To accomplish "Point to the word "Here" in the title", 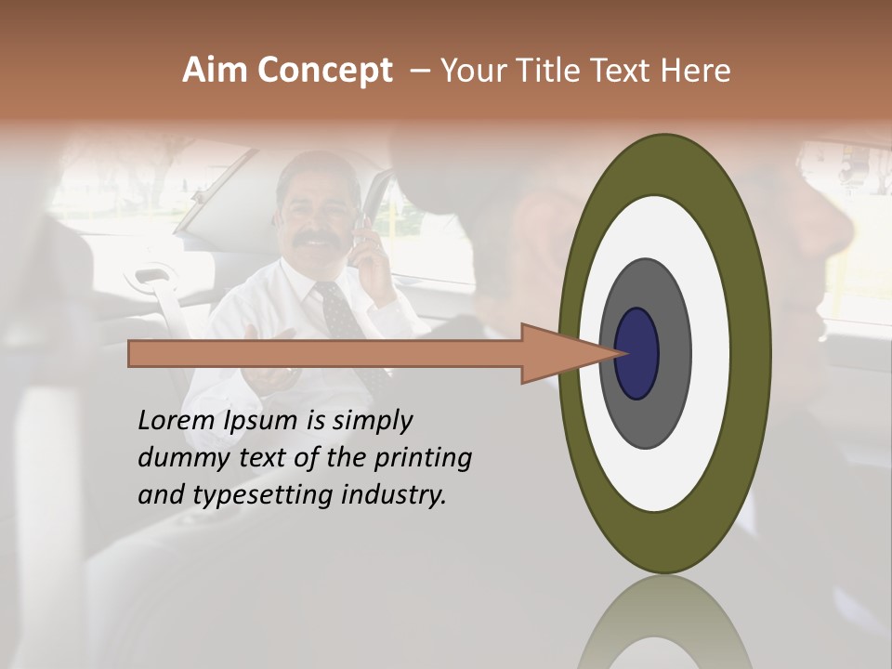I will (694, 71).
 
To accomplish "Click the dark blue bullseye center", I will (637, 353).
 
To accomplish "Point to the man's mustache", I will (317, 239).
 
